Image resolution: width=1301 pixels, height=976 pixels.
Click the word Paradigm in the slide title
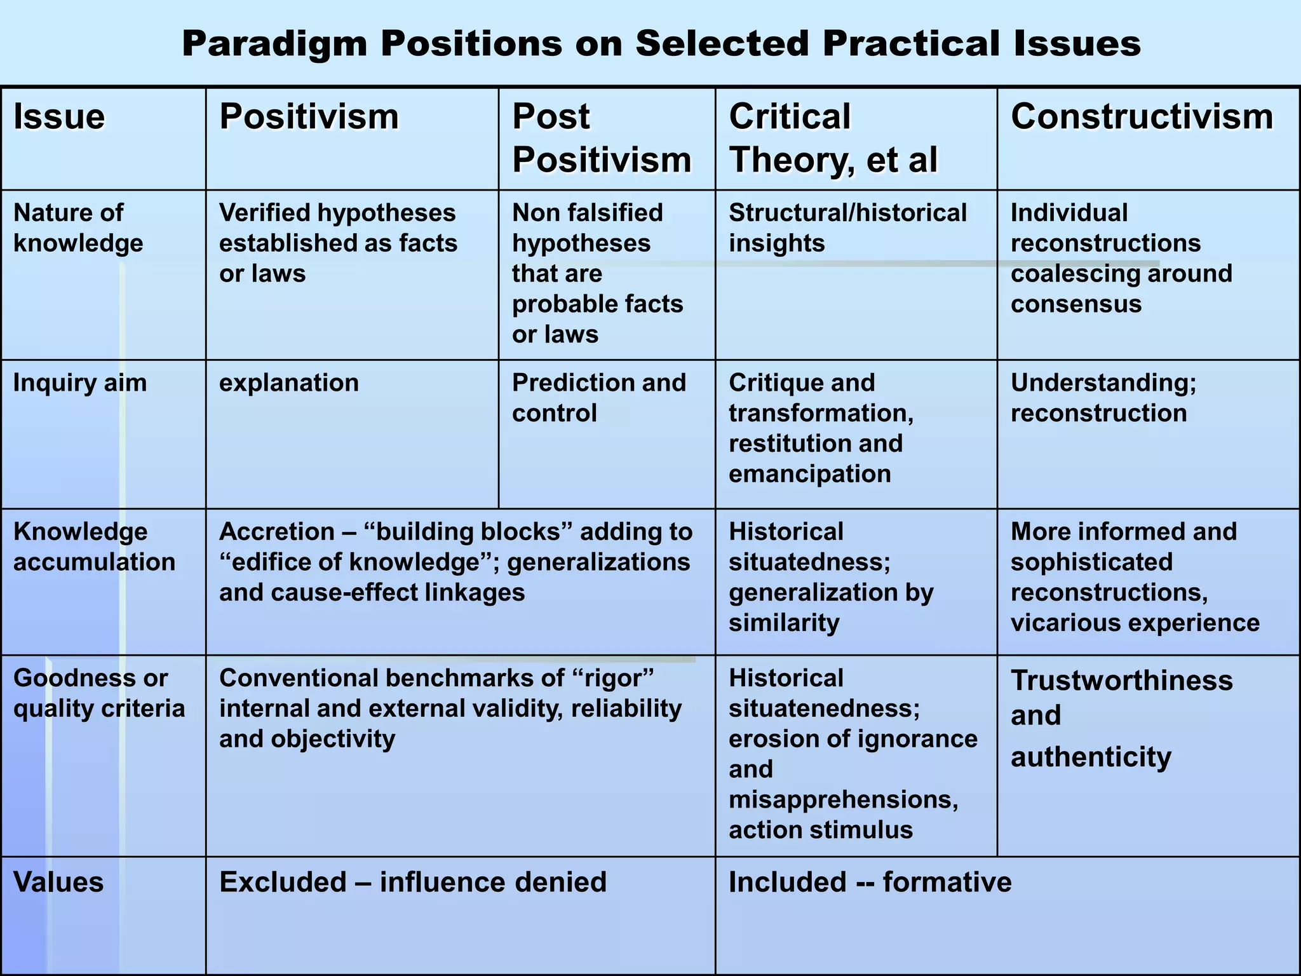274,44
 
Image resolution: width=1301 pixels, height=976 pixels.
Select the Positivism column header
309,117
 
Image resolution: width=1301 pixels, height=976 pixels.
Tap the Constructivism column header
1142,117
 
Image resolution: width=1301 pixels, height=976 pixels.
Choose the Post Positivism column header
601,138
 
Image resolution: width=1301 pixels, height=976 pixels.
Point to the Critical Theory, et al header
832,138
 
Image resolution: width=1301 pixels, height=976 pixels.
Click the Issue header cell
59,117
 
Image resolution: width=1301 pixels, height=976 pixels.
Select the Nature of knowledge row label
78,228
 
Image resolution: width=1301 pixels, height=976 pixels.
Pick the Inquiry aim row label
80,383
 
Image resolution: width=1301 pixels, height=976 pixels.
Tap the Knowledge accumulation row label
94,546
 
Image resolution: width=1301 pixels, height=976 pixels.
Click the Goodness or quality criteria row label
99,693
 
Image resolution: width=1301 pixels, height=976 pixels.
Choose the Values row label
58,882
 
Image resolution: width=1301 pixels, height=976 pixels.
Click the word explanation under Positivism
289,383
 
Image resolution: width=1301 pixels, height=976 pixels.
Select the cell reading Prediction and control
598,398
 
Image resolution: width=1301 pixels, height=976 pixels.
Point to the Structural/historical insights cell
847,228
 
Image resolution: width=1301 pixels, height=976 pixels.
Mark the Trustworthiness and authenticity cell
1121,718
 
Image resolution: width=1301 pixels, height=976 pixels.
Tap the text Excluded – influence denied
413,882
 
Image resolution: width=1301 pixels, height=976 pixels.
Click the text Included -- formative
870,882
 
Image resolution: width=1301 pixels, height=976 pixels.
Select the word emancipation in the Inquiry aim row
810,474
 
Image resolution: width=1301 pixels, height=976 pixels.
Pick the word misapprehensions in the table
843,799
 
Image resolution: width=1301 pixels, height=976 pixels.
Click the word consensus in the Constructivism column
1076,304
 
